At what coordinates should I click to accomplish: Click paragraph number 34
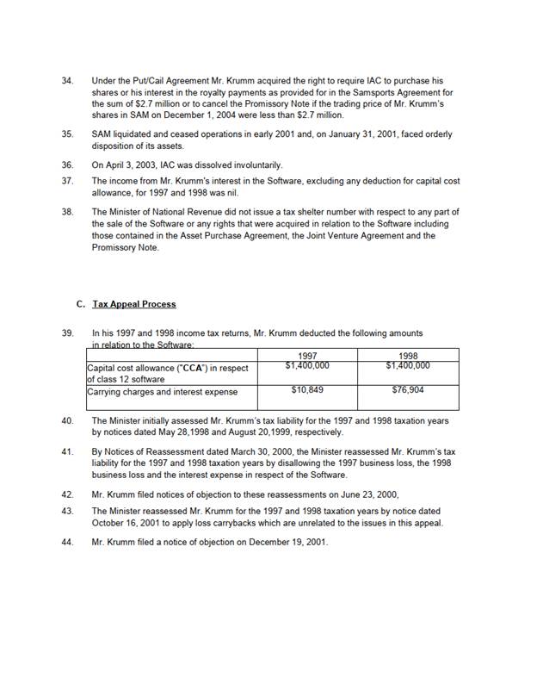(67, 80)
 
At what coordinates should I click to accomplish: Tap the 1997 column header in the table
(307, 355)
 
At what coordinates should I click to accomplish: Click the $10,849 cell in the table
(307, 390)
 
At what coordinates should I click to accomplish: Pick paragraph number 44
(67, 542)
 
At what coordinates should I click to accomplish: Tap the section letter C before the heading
(80, 304)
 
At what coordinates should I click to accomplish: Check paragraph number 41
(67, 451)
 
